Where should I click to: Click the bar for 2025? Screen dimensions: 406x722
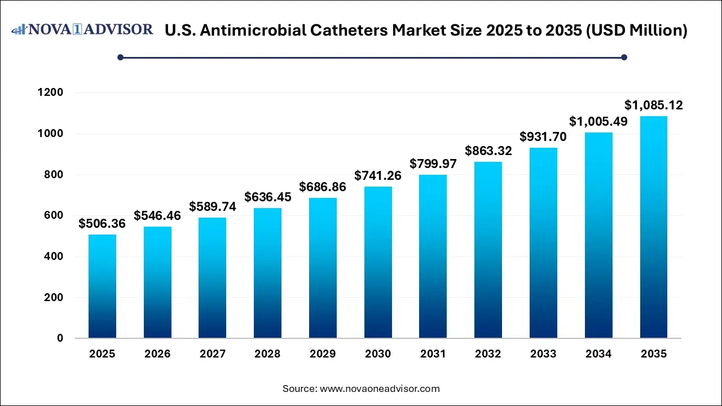[x=102, y=286]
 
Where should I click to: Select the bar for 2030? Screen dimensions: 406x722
[x=378, y=262]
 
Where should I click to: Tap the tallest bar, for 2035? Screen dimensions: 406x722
[x=653, y=227]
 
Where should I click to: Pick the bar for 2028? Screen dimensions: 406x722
[x=267, y=273]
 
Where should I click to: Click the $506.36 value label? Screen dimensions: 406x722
[x=102, y=224]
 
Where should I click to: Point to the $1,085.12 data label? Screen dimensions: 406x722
[x=653, y=105]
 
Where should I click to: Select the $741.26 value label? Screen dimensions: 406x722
[x=378, y=176]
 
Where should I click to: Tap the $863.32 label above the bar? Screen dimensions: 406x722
[x=488, y=151]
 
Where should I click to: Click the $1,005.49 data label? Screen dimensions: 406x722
[x=598, y=121]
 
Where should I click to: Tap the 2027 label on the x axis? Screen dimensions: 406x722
[x=213, y=354]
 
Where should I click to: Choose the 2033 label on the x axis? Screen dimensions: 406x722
[x=543, y=354]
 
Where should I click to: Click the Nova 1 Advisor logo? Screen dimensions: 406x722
[x=83, y=29]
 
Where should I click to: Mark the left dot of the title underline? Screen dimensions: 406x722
[x=120, y=57]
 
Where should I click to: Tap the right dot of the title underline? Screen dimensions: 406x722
[x=624, y=57]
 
